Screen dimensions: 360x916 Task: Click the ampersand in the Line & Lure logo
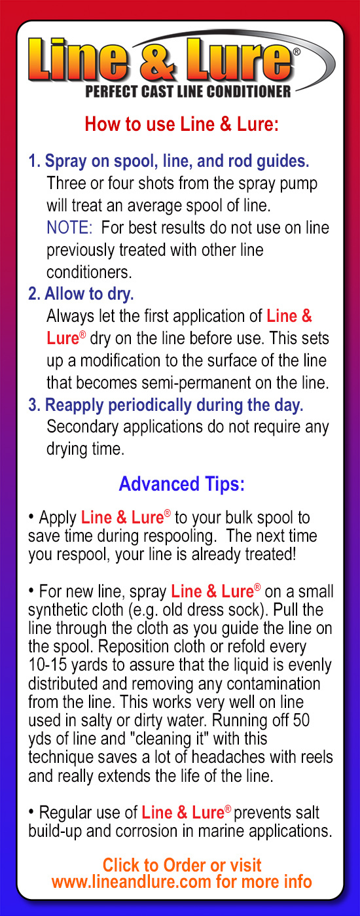pos(158,60)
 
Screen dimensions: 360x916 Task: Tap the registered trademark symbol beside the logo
pos(297,52)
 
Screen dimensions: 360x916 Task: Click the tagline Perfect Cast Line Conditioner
pos(189,92)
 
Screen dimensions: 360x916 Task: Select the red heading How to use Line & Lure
pos(182,124)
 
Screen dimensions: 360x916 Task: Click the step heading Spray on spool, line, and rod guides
pos(169,162)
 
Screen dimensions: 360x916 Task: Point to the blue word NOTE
pos(69,228)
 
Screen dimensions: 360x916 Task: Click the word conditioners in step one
pos(89,272)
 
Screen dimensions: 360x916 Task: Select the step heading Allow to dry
pos(81,294)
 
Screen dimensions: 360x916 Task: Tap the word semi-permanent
pos(196,383)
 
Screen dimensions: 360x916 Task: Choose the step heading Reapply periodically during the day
pos(166,406)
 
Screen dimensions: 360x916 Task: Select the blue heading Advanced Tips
pos(182,484)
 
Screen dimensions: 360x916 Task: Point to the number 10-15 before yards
pos(47,665)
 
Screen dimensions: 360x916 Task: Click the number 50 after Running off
pos(301,720)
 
